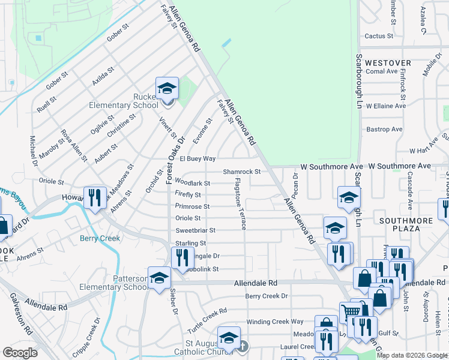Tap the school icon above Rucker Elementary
[167, 89]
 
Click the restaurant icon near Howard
[95, 197]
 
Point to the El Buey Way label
[193, 159]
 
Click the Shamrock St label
[241, 172]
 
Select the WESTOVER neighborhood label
[388, 63]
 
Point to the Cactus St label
[379, 36]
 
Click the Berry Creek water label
[100, 238]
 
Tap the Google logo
[20, 353]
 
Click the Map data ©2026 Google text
[412, 355]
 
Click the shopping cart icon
[351, 313]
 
